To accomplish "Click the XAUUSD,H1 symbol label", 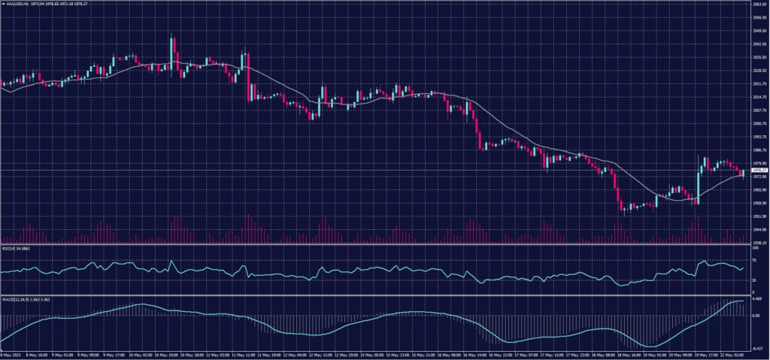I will tap(15, 5).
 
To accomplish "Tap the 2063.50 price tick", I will tap(759, 5).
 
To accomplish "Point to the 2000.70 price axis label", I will tap(759, 123).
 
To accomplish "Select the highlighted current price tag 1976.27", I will tap(759, 171).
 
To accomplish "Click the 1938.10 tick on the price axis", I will tap(759, 243).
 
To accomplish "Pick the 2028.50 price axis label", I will tap(759, 71).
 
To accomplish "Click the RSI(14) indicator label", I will tap(9, 247).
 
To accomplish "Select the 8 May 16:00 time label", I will tap(38, 355).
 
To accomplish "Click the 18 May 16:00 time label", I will tap(626, 355).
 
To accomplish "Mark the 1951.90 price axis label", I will tap(759, 216).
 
